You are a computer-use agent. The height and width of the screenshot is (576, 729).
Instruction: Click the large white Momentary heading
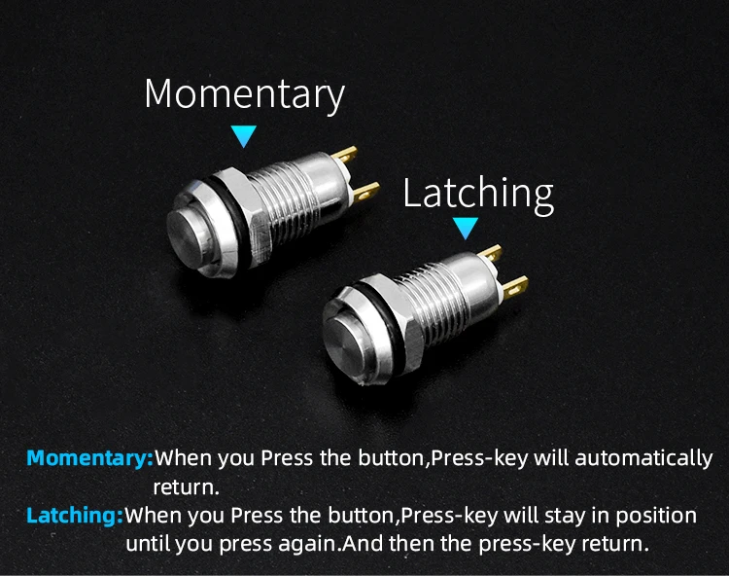click(245, 94)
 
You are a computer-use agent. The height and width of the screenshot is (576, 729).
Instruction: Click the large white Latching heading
click(478, 194)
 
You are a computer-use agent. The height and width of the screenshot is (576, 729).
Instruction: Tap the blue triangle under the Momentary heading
click(244, 136)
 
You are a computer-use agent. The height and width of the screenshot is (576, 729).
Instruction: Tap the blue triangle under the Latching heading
click(466, 228)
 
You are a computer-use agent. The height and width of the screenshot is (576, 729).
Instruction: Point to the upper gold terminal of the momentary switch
click(345, 155)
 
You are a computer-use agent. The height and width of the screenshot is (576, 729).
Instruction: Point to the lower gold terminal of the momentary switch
click(366, 192)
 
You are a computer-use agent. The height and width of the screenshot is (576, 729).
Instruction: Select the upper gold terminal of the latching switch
click(491, 253)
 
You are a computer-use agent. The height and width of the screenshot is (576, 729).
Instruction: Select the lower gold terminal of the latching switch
click(514, 286)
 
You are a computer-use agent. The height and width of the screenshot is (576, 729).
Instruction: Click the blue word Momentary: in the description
click(90, 458)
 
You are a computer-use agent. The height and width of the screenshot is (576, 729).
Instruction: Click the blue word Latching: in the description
click(75, 516)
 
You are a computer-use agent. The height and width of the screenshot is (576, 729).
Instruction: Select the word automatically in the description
click(643, 458)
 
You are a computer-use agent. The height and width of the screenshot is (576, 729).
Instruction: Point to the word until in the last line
click(149, 543)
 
